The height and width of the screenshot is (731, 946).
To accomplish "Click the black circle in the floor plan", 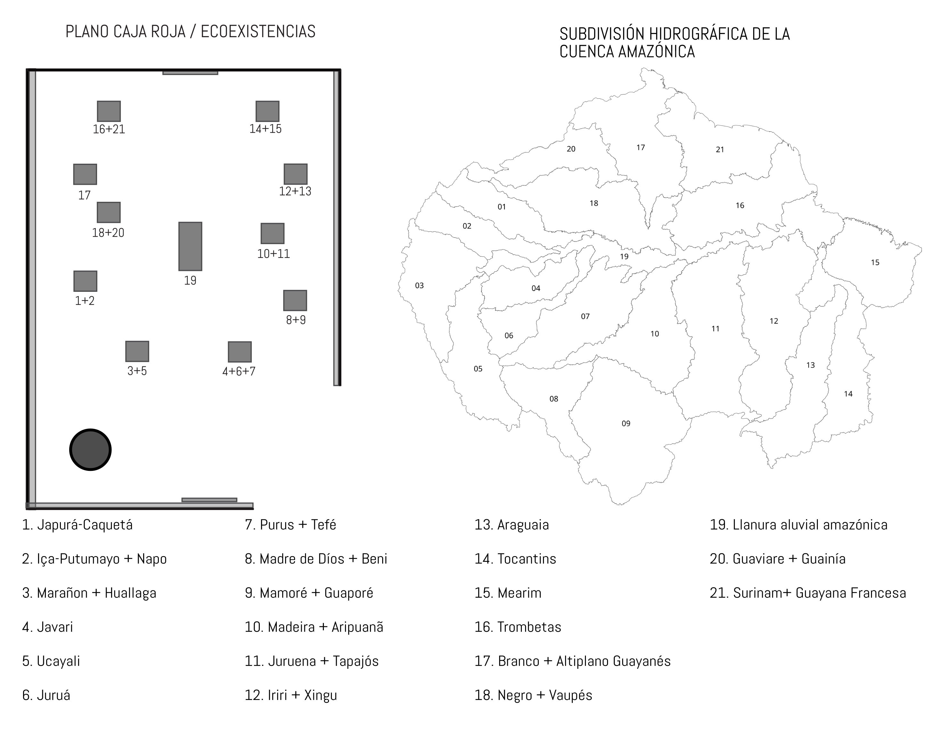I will click(x=91, y=449).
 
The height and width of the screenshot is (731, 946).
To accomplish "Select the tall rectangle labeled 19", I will click(x=190, y=246).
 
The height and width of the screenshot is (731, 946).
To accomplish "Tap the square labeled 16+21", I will click(x=109, y=111).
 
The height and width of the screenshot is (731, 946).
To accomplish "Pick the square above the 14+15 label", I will click(x=267, y=111).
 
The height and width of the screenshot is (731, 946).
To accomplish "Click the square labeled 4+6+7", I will click(x=240, y=352).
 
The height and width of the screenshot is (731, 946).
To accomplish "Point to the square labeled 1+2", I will click(x=85, y=281).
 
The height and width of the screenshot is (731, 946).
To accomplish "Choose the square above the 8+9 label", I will click(x=295, y=300).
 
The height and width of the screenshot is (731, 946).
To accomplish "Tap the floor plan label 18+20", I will click(x=108, y=233).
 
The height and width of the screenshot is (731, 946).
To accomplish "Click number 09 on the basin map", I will click(x=626, y=423).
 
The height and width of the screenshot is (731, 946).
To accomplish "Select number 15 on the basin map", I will click(x=875, y=262).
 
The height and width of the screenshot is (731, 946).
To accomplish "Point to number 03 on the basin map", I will click(x=419, y=286).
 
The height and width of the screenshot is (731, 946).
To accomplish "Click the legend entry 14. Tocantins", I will click(x=515, y=559).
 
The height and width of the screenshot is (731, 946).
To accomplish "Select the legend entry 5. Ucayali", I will click(x=51, y=661).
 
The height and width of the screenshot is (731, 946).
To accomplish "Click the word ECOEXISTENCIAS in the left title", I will click(x=258, y=32).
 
